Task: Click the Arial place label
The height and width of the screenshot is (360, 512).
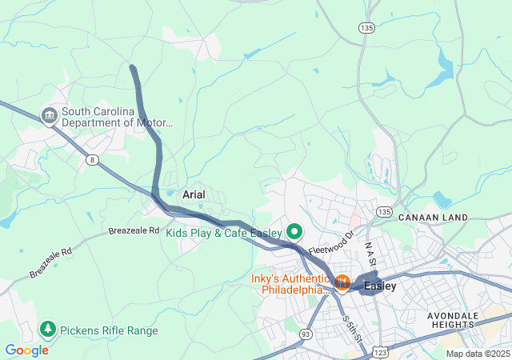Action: (194, 194)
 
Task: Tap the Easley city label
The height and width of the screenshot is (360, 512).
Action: (380, 286)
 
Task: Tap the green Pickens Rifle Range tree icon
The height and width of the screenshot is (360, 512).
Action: (48, 330)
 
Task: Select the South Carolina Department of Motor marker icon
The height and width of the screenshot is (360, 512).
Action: (50, 117)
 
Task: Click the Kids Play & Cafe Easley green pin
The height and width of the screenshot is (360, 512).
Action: (294, 233)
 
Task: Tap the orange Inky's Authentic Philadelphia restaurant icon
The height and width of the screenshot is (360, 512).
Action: (342, 282)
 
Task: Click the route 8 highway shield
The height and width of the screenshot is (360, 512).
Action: (93, 160)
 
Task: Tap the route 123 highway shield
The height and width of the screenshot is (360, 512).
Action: (382, 351)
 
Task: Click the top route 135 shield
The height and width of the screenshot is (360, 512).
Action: (366, 28)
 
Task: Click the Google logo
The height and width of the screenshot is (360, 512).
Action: (26, 350)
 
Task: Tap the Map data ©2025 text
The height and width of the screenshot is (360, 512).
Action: (477, 354)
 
